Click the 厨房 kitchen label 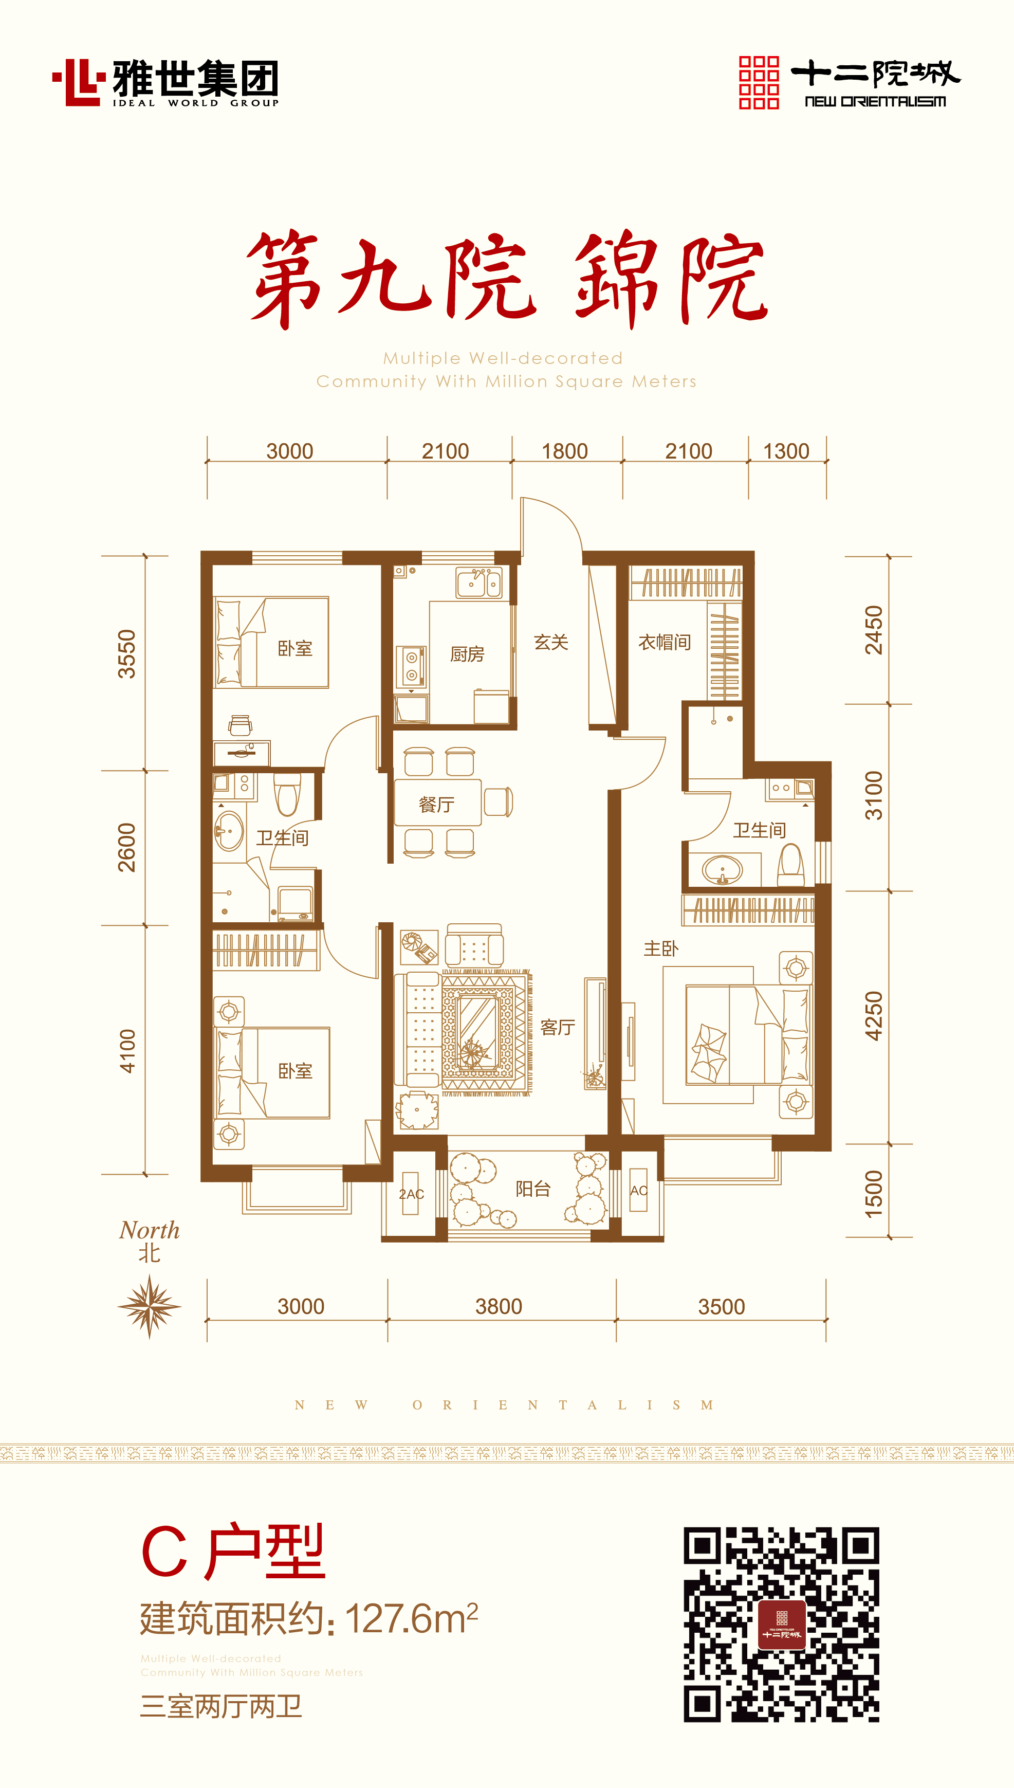467,654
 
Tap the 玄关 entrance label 551,642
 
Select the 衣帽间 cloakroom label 665,642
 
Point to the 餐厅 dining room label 437,805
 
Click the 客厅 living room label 557,1027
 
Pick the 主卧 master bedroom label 660,948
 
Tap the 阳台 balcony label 533,1189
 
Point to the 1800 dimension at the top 565,451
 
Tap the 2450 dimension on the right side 873,630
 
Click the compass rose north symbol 149,1306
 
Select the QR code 781,1625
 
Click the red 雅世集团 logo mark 79,82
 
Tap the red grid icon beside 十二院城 759,82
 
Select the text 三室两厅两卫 222,1706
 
